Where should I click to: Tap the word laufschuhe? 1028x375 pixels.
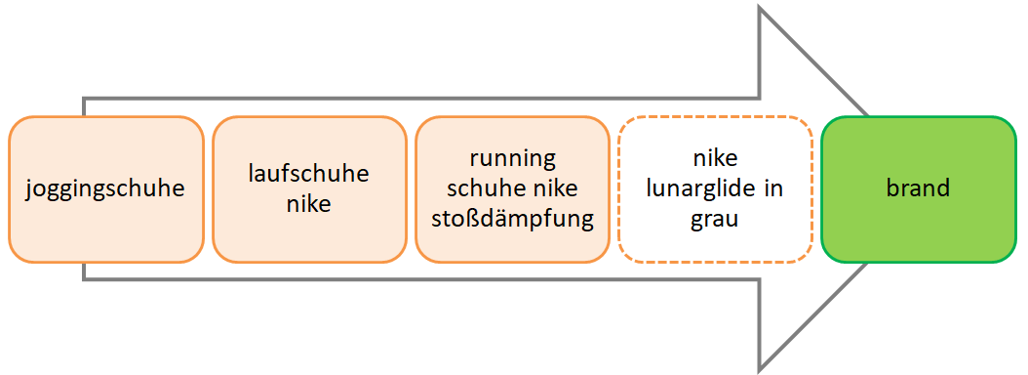point(308,175)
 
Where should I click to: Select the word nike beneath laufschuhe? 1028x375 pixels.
point(308,204)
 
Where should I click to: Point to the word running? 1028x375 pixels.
point(511,158)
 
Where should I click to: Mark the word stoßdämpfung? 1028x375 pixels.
point(512,218)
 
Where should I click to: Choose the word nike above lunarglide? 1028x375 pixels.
point(715,158)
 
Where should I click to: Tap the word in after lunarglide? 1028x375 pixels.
point(773,188)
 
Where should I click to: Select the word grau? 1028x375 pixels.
point(715,219)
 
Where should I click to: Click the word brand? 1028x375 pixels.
point(918,188)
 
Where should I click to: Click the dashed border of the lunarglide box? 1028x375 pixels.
point(715,117)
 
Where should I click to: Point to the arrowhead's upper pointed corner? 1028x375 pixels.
point(761,9)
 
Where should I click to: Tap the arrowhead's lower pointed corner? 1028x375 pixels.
point(761,369)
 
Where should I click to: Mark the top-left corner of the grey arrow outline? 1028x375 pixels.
point(84,99)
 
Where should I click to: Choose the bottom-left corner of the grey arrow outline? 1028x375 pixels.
point(84,279)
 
